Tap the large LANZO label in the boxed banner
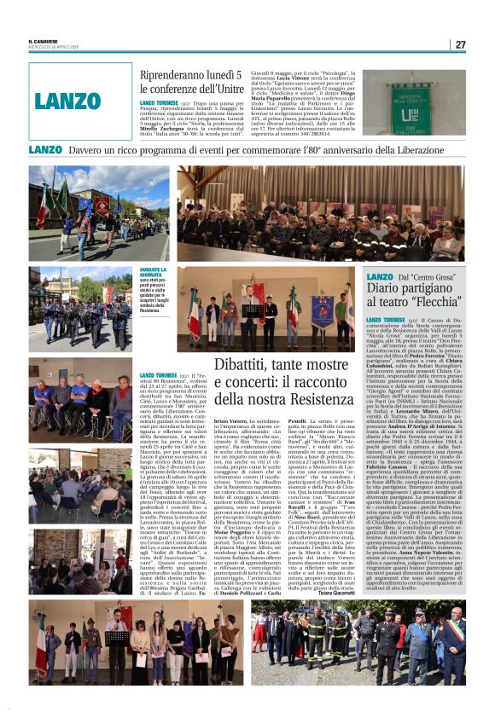(x=68, y=101)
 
